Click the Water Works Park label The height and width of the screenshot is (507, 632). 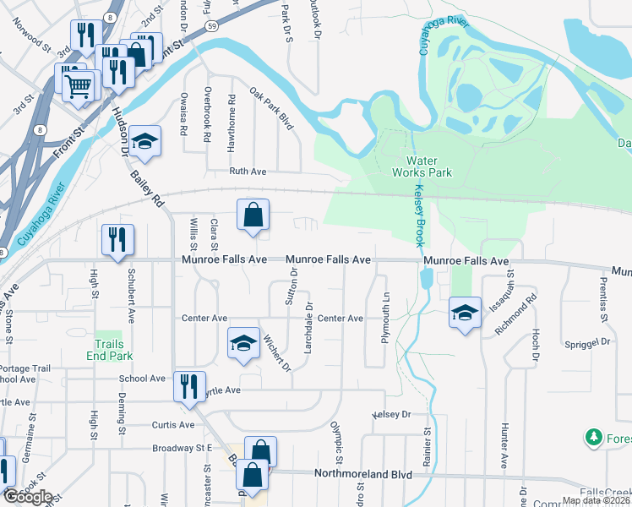tap(428, 166)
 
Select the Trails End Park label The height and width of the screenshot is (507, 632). tap(109, 350)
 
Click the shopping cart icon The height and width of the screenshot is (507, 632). tap(79, 84)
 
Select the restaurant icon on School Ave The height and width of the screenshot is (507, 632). tap(189, 386)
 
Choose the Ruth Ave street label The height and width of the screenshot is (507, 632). tap(248, 171)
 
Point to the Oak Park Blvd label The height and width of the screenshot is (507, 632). tap(270, 107)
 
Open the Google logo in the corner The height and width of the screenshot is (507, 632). tap(27, 497)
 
